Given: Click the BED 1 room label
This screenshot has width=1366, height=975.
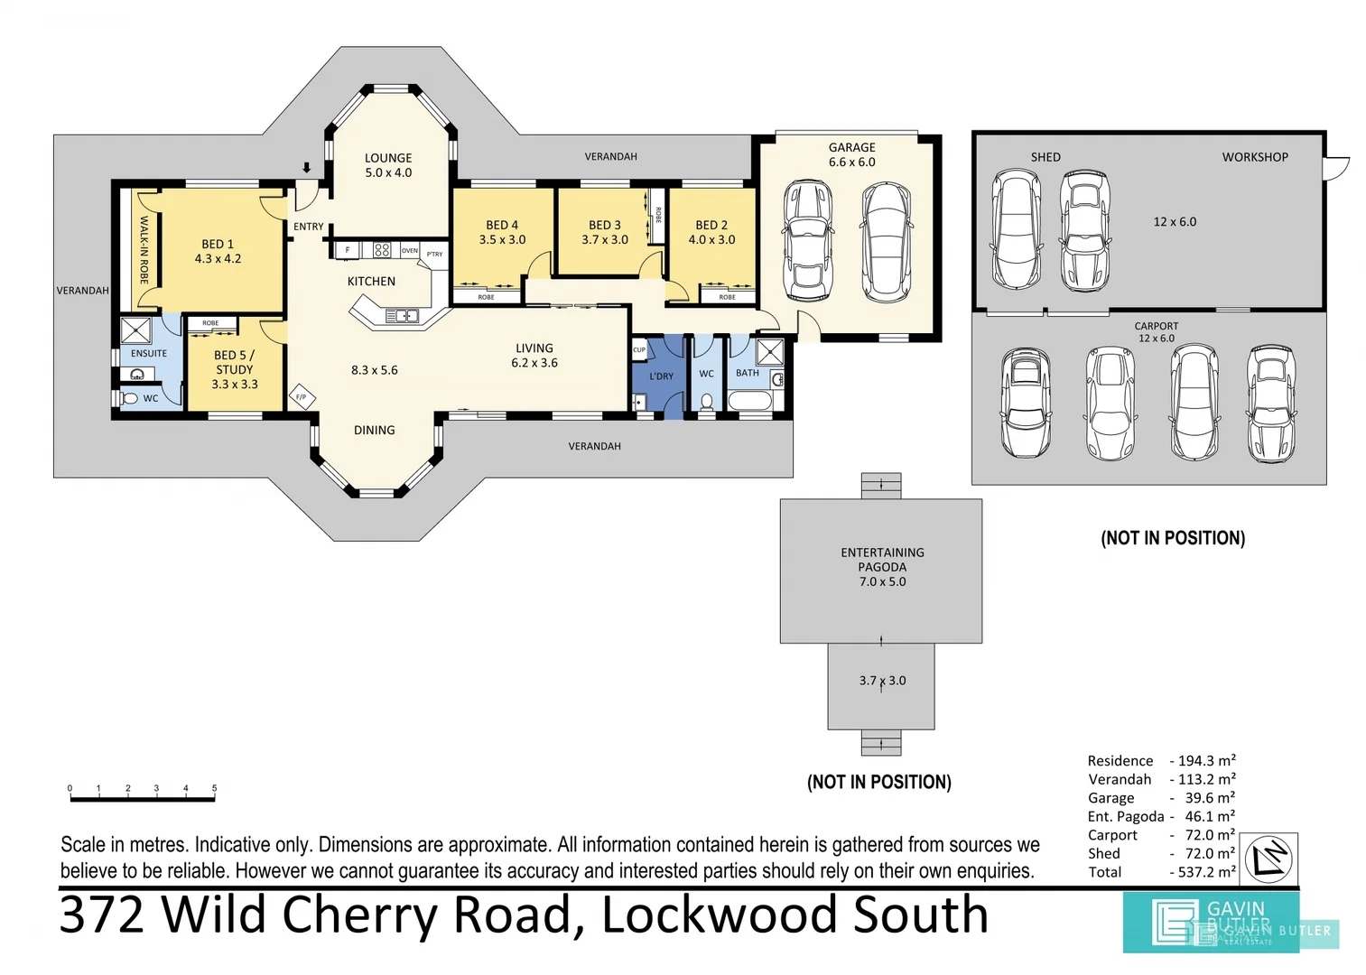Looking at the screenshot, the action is (x=218, y=251).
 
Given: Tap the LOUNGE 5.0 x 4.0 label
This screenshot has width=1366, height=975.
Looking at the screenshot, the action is (x=388, y=165).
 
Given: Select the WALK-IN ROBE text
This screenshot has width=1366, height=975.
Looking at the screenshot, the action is (x=144, y=249).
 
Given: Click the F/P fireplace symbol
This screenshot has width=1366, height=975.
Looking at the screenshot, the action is (x=302, y=397).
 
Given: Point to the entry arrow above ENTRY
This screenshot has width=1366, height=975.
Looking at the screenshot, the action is (x=307, y=169).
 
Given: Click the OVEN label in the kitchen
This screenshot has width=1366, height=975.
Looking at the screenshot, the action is (x=409, y=250).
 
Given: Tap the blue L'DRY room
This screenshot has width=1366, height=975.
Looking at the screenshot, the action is (x=661, y=376).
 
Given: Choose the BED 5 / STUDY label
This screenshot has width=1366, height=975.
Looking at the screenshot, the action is (x=235, y=369).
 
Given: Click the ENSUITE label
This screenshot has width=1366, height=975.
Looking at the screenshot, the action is (x=149, y=354).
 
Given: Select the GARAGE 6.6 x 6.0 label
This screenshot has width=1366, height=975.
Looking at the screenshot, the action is (x=851, y=154).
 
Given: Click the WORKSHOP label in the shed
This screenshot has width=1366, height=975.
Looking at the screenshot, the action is (x=1255, y=157).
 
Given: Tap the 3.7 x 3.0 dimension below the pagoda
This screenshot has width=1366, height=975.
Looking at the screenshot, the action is (x=882, y=681).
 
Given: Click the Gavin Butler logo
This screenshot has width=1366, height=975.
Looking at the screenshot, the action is (x=1211, y=922).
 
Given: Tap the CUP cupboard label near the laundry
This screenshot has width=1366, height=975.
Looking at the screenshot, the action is (x=639, y=350).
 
